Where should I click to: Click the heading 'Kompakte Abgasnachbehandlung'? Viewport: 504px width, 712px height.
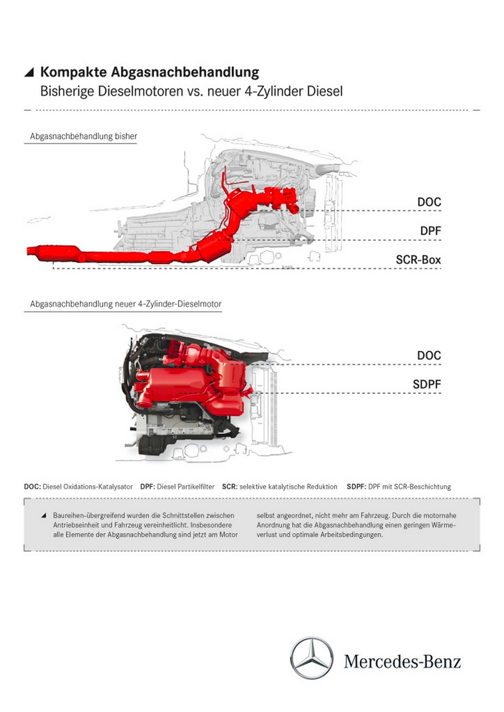[149, 72]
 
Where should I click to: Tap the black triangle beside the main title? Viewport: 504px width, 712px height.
[29, 73]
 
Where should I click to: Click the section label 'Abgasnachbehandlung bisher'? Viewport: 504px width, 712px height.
[83, 136]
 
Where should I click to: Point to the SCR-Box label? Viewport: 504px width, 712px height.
[418, 260]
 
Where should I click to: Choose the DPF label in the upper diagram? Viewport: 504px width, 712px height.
[430, 231]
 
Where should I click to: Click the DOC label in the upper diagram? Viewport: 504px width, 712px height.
[429, 202]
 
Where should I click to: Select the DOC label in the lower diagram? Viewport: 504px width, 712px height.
[429, 356]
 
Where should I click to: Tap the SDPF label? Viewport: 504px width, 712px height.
[426, 384]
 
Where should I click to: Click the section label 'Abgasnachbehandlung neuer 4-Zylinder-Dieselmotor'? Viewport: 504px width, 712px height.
[125, 304]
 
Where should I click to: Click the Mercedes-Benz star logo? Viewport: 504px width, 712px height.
[311, 658]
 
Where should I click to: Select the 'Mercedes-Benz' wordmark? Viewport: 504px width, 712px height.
[402, 662]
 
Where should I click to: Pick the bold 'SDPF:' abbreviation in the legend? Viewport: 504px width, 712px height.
[356, 487]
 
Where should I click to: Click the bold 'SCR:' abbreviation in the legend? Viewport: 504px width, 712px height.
[229, 487]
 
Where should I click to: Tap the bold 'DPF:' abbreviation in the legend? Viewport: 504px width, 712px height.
[148, 487]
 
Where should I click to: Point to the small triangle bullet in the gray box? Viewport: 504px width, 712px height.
[44, 515]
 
